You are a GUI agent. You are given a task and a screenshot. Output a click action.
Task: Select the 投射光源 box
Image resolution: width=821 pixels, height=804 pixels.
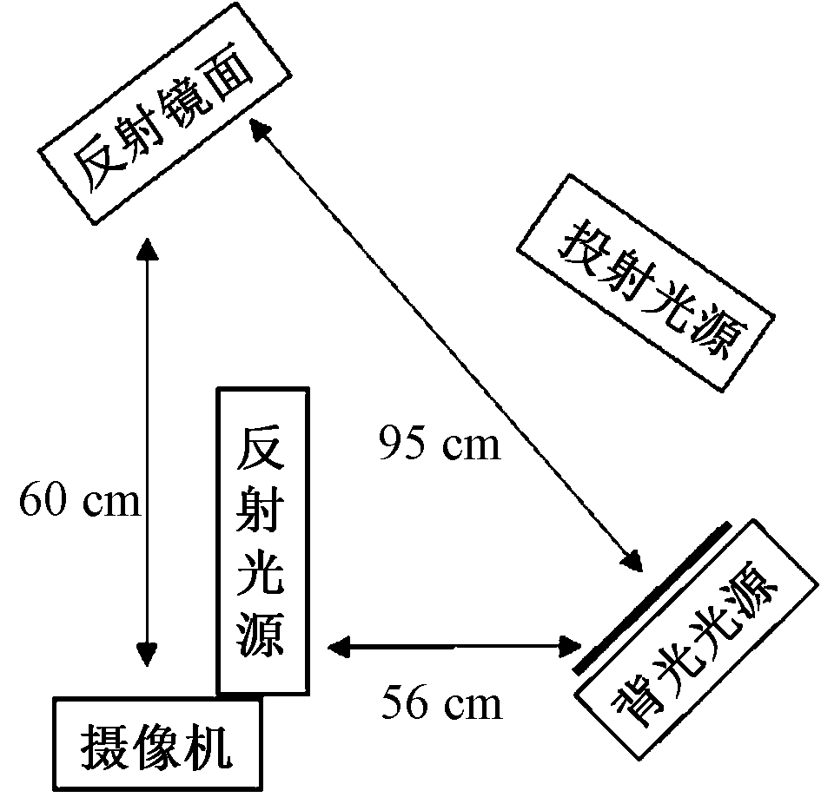tap(645, 283)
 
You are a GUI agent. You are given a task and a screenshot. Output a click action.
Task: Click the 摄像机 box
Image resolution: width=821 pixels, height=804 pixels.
tap(157, 744)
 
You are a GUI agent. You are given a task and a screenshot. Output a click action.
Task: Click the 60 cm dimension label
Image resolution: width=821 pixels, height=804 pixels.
tap(79, 502)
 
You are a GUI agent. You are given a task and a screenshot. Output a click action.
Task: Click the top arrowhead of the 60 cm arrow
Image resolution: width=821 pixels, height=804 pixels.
tap(148, 249)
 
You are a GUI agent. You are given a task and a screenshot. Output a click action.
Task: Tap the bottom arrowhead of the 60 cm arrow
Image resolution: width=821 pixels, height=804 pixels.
tap(148, 653)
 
